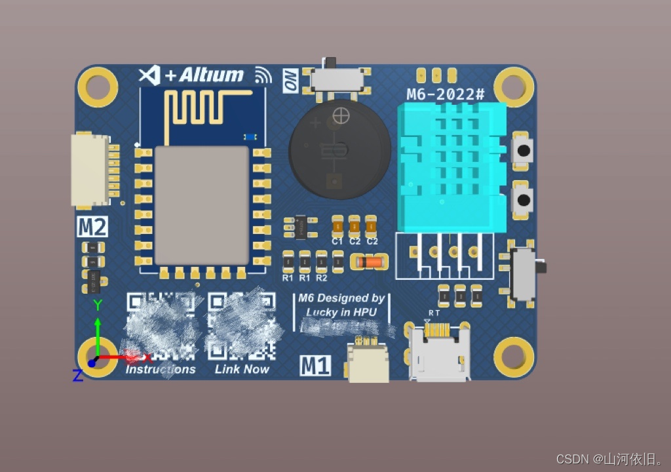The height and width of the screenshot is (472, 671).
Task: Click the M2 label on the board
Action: pyautogui.click(x=92, y=227)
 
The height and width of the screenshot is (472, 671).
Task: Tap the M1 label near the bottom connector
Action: pyautogui.click(x=315, y=365)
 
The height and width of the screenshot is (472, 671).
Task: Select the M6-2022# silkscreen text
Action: pyautogui.click(x=446, y=94)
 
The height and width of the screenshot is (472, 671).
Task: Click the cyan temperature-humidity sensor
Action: pyautogui.click(x=451, y=167)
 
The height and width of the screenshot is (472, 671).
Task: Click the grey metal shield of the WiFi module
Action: pyautogui.click(x=202, y=205)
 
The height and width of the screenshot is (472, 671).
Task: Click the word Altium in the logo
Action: pyautogui.click(x=212, y=75)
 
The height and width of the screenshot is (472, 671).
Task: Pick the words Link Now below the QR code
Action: pyautogui.click(x=242, y=370)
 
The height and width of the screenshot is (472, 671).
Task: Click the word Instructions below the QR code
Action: pyautogui.click(x=161, y=370)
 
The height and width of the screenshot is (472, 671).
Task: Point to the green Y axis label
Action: pyautogui.click(x=98, y=305)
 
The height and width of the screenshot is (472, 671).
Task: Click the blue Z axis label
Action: pyautogui.click(x=77, y=376)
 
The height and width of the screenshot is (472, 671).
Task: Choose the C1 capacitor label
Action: pyautogui.click(x=337, y=241)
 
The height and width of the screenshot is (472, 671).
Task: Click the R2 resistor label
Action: pyautogui.click(x=322, y=278)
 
